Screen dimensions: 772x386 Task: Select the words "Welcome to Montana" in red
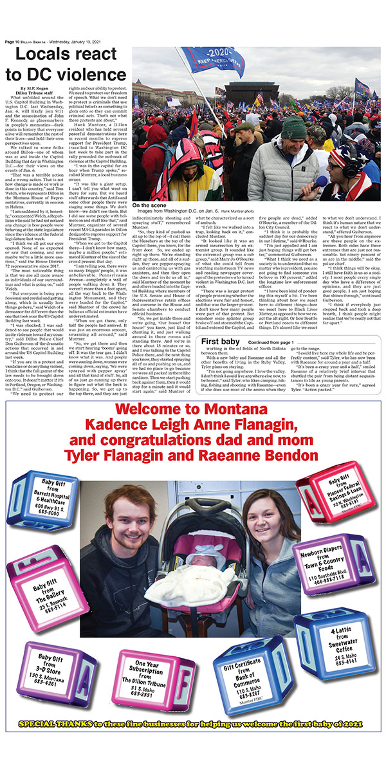pyautogui.click(x=192, y=408)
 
